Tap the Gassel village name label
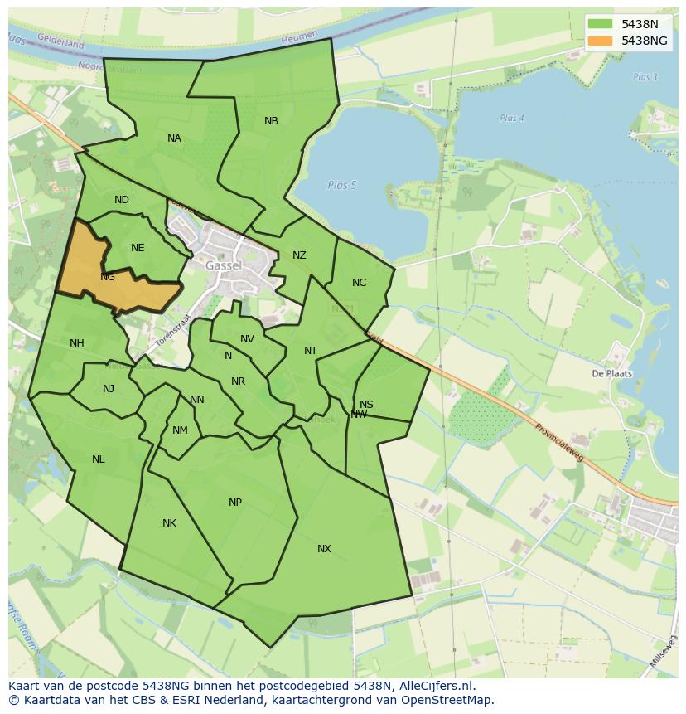pos(224,265)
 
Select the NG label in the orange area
pos(108,277)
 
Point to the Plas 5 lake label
pos(341,185)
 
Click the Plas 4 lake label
pos(512,119)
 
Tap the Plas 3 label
pos(645,77)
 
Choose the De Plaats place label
pos(611,373)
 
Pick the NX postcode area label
pos(324,549)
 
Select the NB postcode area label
pos(271,121)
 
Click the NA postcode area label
pos(174,138)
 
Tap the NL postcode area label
pos(99,459)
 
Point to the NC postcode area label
pos(359,283)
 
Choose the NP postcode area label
pos(235,503)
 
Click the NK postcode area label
pos(169,523)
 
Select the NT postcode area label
pos(311,351)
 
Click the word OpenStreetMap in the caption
pos(448,700)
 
